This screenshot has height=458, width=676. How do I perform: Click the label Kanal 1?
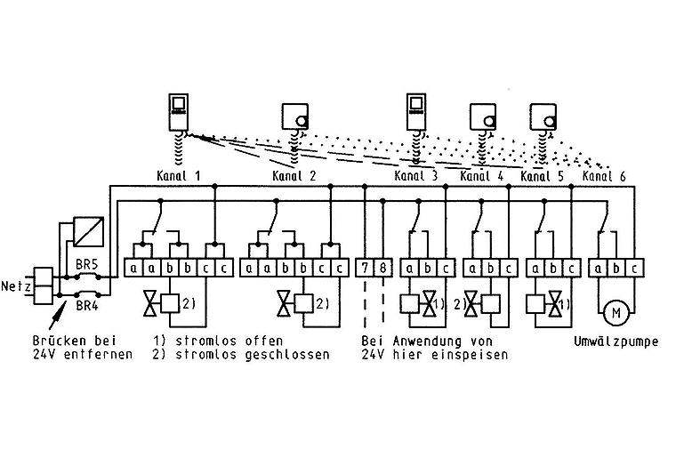click(x=179, y=176)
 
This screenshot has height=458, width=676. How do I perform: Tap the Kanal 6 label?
click(x=604, y=176)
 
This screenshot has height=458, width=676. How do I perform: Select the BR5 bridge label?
click(x=86, y=264)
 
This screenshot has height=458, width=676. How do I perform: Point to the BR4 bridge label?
click(x=87, y=305)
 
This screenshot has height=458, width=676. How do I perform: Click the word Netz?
click(x=16, y=286)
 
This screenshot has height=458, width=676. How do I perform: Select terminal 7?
click(x=365, y=268)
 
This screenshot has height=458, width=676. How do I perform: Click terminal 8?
click(x=382, y=268)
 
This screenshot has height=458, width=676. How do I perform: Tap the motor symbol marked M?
click(x=616, y=313)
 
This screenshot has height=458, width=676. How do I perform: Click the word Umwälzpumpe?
click(x=616, y=341)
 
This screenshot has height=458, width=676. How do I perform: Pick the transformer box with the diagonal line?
click(x=89, y=232)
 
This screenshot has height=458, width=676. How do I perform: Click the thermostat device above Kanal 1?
click(x=179, y=111)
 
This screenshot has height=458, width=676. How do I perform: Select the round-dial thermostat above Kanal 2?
click(x=295, y=116)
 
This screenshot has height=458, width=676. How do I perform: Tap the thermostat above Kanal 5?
click(x=543, y=117)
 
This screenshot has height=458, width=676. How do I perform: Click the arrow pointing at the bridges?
click(x=58, y=316)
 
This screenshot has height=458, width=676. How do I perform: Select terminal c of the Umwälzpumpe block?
click(x=634, y=268)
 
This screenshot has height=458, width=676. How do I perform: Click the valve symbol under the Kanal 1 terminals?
click(x=151, y=304)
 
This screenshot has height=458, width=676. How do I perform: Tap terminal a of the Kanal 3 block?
click(x=409, y=268)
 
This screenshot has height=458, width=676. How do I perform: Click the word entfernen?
click(x=97, y=355)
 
